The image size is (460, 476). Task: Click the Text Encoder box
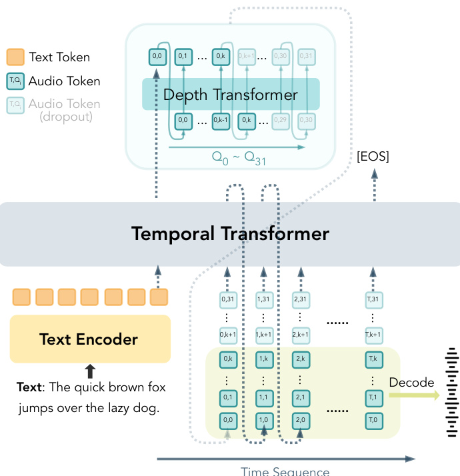click(x=89, y=339)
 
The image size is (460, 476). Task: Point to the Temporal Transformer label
click(x=230, y=234)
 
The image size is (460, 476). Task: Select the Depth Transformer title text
click(x=230, y=95)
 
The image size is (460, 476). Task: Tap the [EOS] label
click(x=373, y=157)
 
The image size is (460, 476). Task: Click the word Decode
click(x=411, y=383)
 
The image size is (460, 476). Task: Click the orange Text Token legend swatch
click(x=15, y=57)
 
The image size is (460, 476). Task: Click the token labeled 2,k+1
click(x=300, y=334)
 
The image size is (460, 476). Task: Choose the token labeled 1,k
click(x=264, y=359)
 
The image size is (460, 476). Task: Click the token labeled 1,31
click(x=264, y=300)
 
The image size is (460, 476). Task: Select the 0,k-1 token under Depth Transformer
click(x=221, y=121)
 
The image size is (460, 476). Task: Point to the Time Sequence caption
click(x=285, y=471)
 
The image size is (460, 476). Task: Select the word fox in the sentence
click(x=153, y=387)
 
